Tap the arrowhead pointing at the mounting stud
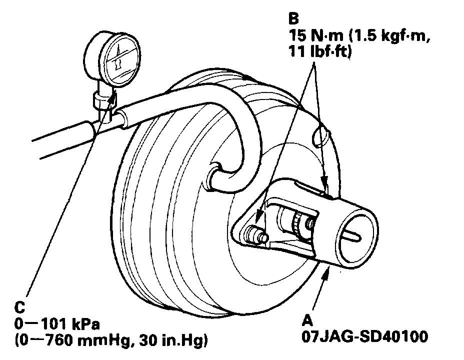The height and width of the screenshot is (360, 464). click(259, 220)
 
